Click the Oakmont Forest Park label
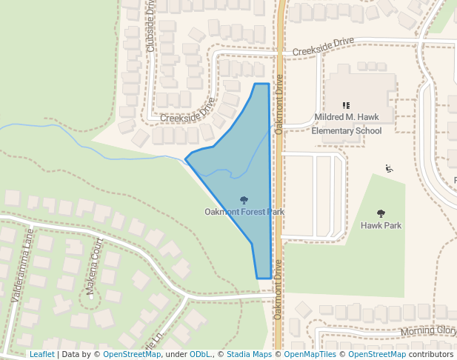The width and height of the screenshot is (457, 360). coord(244,212)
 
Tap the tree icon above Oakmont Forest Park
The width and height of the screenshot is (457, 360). coord(244,199)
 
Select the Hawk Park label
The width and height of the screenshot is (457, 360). coord(381,225)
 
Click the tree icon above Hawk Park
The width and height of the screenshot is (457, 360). coord(381,213)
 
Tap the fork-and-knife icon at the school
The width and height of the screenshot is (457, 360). coord(346,105)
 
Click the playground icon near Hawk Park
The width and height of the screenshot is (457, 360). coord(390,168)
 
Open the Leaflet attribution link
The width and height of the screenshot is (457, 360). coord(41,354)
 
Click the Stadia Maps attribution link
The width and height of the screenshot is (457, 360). coord(249,354)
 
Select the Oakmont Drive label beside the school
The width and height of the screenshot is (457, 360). coord(279,104)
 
